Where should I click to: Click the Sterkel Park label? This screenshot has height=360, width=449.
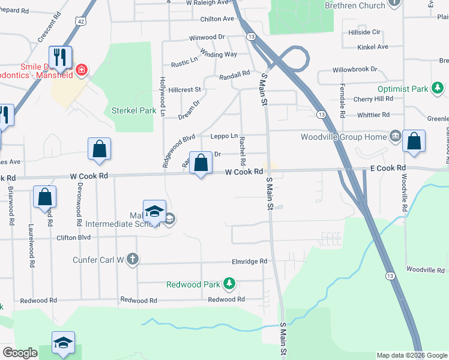click(x=134, y=110)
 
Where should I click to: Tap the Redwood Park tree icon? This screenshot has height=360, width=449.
click(x=228, y=283)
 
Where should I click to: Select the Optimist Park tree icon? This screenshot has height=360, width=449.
click(x=438, y=89)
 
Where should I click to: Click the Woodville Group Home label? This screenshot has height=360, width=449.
click(x=344, y=137)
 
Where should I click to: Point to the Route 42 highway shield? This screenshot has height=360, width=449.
click(x=80, y=21)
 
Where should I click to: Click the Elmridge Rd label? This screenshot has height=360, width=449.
click(x=249, y=262)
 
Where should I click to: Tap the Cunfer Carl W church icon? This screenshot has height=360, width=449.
click(x=133, y=260)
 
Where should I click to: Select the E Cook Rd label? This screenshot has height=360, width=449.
click(x=388, y=169)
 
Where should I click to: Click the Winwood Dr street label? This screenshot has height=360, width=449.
click(x=206, y=37)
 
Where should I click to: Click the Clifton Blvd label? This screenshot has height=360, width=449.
click(x=75, y=238)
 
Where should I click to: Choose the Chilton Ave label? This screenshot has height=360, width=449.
click(x=217, y=19)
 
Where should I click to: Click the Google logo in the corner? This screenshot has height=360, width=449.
click(x=20, y=353)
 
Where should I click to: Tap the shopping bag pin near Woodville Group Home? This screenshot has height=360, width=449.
click(x=414, y=143)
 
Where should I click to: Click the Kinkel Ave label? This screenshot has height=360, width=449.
click(x=373, y=47)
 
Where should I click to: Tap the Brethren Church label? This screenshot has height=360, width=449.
click(x=354, y=5)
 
